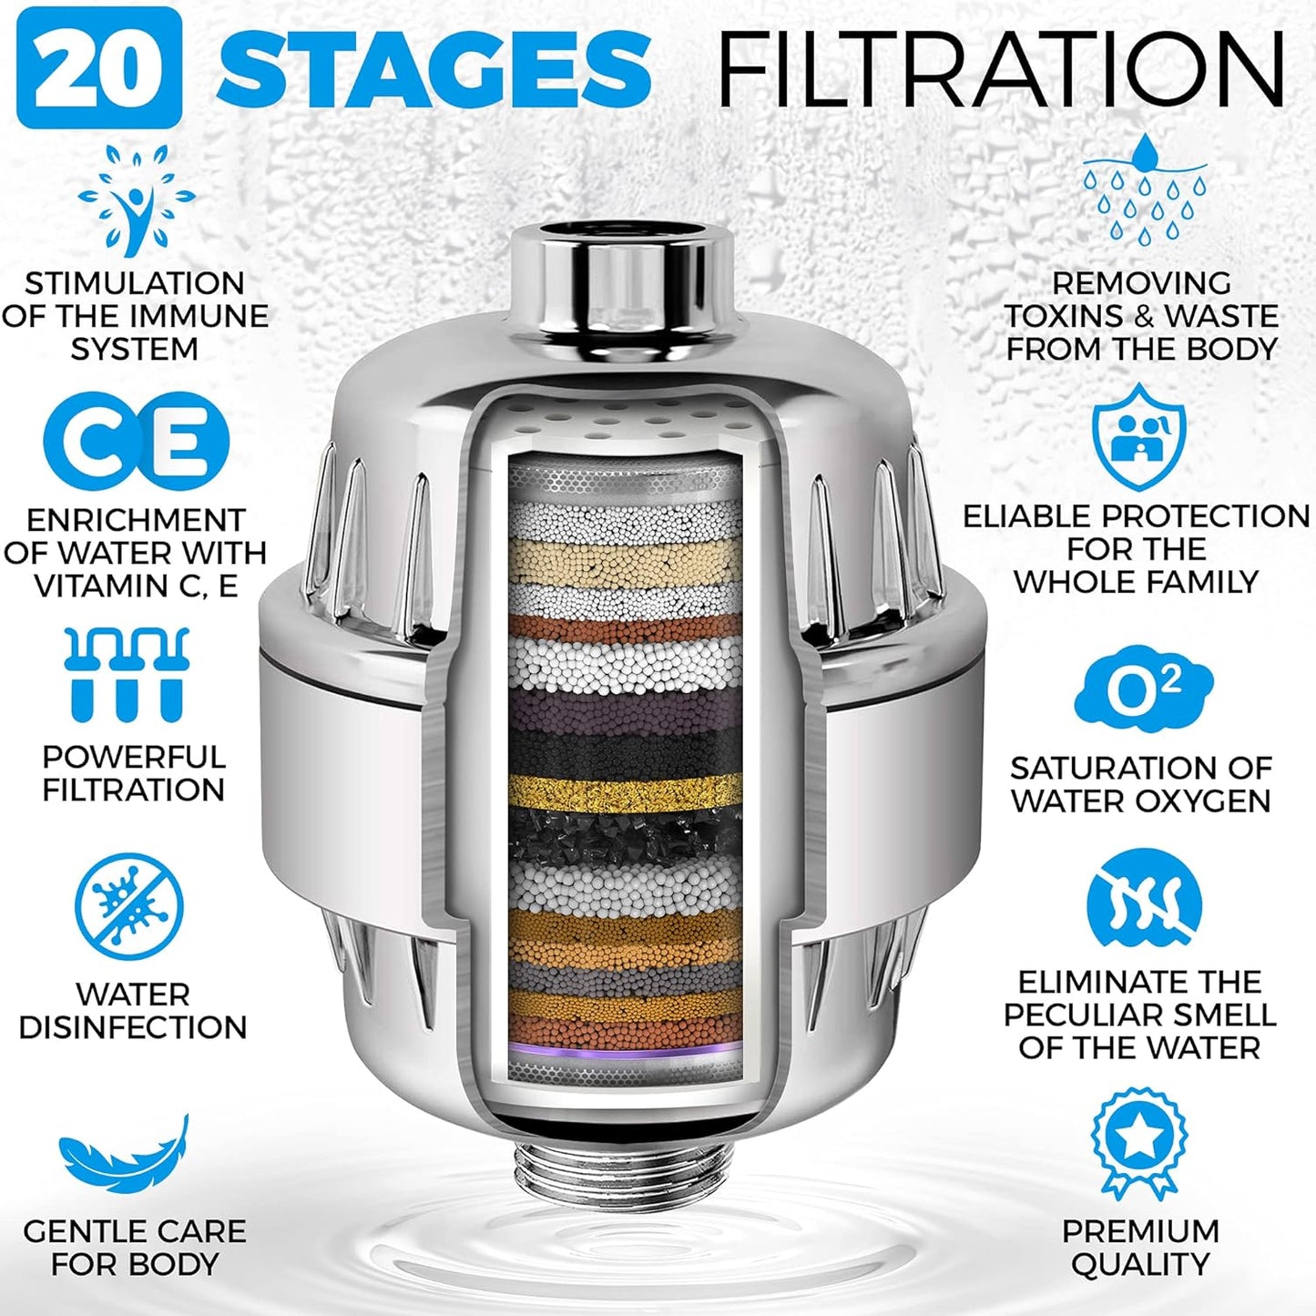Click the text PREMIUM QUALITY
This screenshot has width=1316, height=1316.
pyautogui.click(x=1139, y=1248)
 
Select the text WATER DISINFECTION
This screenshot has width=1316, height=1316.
pyautogui.click(x=133, y=1011)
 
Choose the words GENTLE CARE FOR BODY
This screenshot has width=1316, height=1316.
pyautogui.click(x=135, y=1248)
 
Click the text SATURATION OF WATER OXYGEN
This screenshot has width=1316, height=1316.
pyautogui.click(x=1140, y=784)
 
